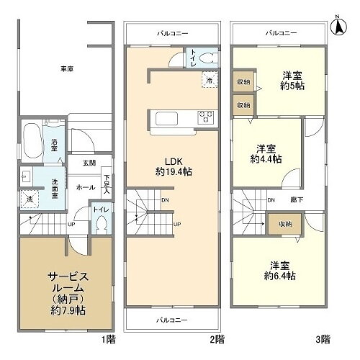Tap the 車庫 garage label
(x=67, y=69)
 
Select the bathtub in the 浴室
(x=32, y=138)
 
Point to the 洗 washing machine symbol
(x=30, y=198)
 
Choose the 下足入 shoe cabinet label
(x=107, y=184)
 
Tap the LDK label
(x=172, y=161)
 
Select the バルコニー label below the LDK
(x=172, y=318)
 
